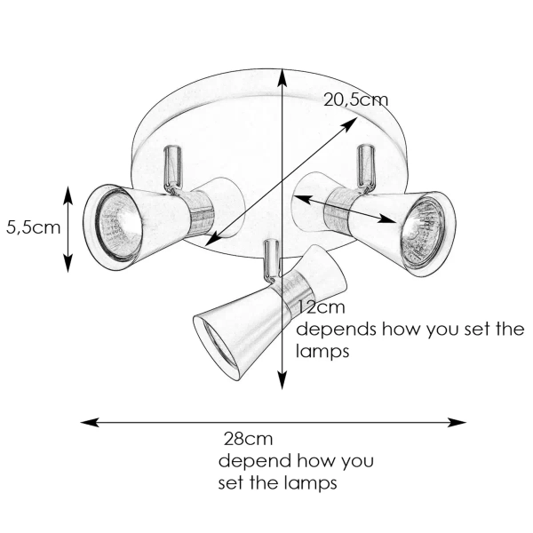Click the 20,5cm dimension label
(355, 99)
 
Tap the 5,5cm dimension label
(33, 227)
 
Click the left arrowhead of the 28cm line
(87, 422)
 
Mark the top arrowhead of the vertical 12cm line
(282, 73)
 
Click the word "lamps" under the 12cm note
(321, 352)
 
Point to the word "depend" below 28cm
(250, 462)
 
